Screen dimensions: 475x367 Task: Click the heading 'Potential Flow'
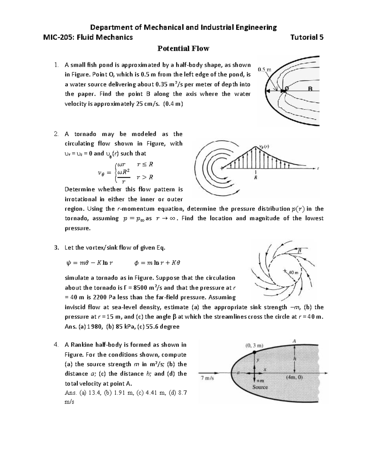(183, 48)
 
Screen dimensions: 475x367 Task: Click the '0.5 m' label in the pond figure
(264, 69)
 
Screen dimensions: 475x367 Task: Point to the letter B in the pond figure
(310, 89)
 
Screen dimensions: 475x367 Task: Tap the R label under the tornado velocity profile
(256, 177)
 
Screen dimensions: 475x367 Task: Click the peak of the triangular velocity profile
(256, 147)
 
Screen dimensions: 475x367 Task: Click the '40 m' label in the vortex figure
(294, 272)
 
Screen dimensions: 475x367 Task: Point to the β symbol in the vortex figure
(300, 251)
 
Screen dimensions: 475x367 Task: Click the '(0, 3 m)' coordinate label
(254, 346)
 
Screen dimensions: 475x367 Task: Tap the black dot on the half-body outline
(255, 352)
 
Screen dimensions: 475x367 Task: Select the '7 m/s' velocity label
(207, 378)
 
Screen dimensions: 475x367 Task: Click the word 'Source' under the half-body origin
(260, 387)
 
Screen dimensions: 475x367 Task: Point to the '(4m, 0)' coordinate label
(294, 377)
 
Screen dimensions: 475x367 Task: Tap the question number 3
(56, 247)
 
